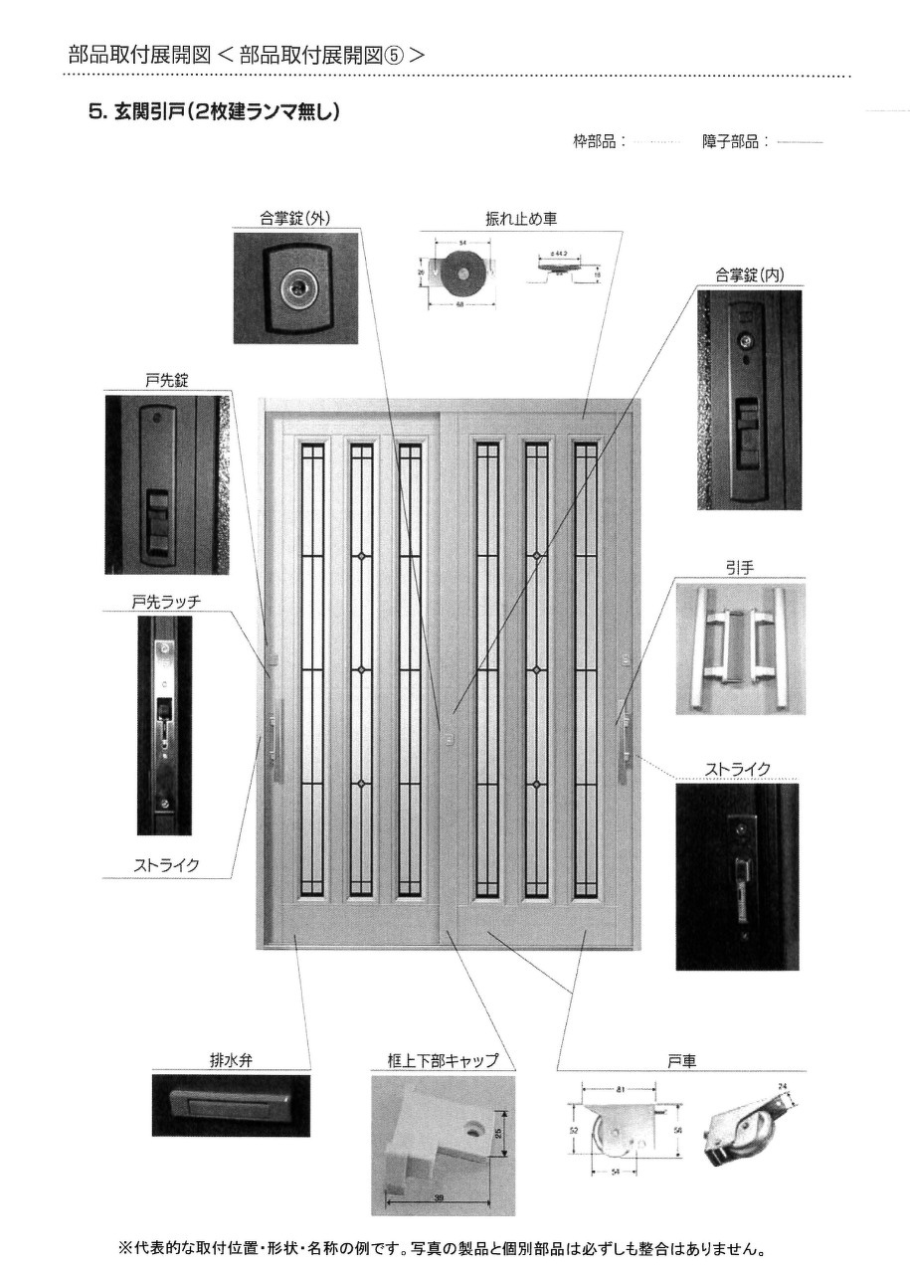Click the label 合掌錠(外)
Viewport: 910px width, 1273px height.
pyautogui.click(x=295, y=219)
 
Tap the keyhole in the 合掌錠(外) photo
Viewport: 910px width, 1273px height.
pyautogui.click(x=296, y=287)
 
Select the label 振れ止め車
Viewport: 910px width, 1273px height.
pyautogui.click(x=519, y=219)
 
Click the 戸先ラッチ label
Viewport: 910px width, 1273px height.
pyautogui.click(x=160, y=602)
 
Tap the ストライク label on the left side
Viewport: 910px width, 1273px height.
pyautogui.click(x=166, y=865)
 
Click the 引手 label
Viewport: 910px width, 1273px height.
pyautogui.click(x=738, y=569)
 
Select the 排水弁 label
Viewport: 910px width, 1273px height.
pyautogui.click(x=230, y=1060)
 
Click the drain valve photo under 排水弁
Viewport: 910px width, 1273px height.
pyautogui.click(x=230, y=1104)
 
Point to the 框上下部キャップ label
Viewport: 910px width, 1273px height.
pyautogui.click(x=443, y=1060)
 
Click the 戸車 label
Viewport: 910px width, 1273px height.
pyautogui.click(x=681, y=1060)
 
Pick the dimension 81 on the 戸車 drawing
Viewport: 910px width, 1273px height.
pyautogui.click(x=621, y=1091)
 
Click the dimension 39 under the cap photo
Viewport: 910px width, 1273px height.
pyautogui.click(x=440, y=1198)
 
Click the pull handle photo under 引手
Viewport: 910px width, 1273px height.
pyautogui.click(x=738, y=646)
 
